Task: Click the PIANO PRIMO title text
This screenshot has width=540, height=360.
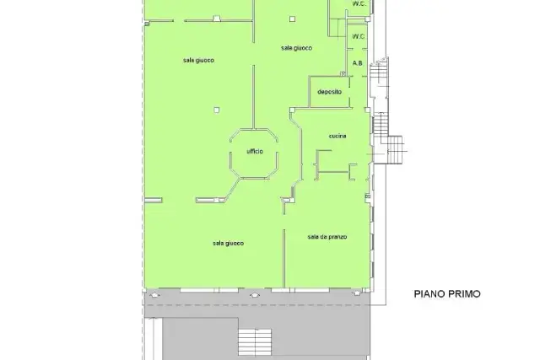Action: pos(447,294)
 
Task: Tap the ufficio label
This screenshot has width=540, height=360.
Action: pos(255,152)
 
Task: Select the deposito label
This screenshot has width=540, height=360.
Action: pos(330,92)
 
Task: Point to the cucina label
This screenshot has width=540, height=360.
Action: pos(337,136)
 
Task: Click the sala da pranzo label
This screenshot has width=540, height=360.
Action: pos(327,237)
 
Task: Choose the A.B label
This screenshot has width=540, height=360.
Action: pos(358,63)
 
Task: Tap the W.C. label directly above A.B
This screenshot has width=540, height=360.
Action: pos(358,36)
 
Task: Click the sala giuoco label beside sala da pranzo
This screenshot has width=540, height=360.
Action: pos(229,244)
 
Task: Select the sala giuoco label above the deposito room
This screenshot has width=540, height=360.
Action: pos(296,48)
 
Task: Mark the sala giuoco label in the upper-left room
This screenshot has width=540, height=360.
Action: pos(199,60)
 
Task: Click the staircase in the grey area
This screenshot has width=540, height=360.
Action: pos(255,341)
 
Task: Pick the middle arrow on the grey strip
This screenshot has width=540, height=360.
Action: pos(255,295)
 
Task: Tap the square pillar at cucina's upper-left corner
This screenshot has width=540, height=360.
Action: pos(292,110)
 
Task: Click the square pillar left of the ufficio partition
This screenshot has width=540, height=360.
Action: pos(216,110)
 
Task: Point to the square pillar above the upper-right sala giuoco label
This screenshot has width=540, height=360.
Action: pos(292,19)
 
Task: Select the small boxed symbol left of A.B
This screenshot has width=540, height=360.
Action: pos(343,73)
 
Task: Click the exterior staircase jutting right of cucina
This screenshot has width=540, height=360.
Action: pos(395,150)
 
